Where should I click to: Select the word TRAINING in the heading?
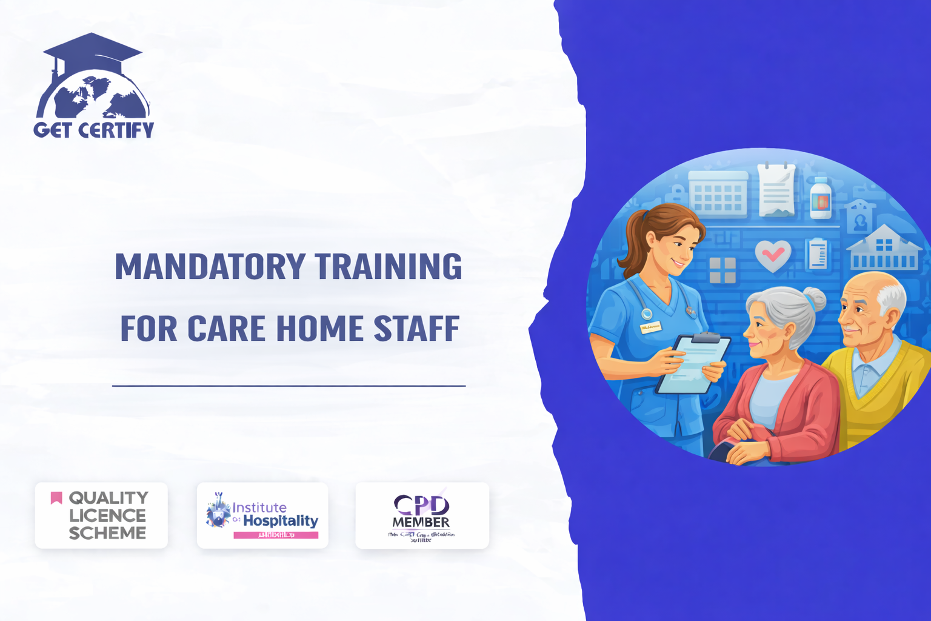point(389,266)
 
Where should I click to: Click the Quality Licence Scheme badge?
point(101,515)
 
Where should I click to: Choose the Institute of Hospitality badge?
point(262,515)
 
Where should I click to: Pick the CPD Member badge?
point(422,515)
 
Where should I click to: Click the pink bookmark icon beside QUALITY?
point(56,498)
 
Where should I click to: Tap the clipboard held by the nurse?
point(691,364)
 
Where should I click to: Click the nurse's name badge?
point(650,327)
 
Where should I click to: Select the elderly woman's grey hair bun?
point(814,299)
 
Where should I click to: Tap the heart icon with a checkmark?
point(773,255)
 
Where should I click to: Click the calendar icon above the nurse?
point(718,193)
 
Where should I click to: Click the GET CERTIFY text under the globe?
point(94,130)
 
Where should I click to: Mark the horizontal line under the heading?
point(289,386)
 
